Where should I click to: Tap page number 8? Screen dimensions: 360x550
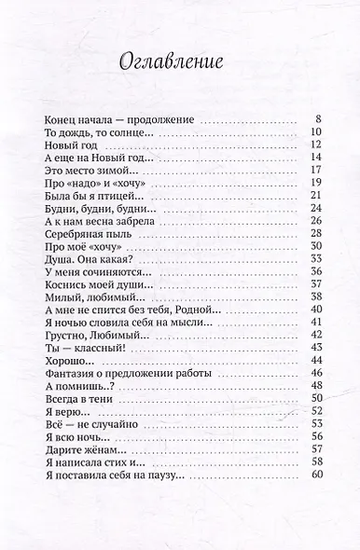click(317, 119)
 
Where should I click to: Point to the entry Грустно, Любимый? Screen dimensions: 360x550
click(92, 335)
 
